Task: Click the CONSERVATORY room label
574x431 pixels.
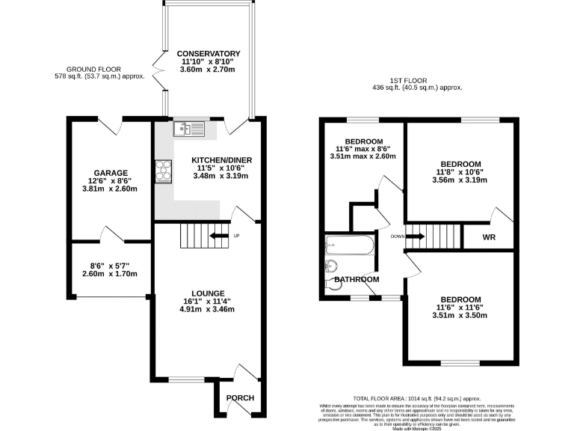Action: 209,54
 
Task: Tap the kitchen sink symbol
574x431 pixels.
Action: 187,130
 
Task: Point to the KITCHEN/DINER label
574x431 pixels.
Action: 217,161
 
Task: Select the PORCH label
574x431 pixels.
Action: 240,398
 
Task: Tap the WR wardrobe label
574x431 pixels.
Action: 489,238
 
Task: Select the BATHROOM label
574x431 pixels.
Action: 357,280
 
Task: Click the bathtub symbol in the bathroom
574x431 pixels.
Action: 349,244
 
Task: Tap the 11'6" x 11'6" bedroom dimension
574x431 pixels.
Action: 460,307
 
